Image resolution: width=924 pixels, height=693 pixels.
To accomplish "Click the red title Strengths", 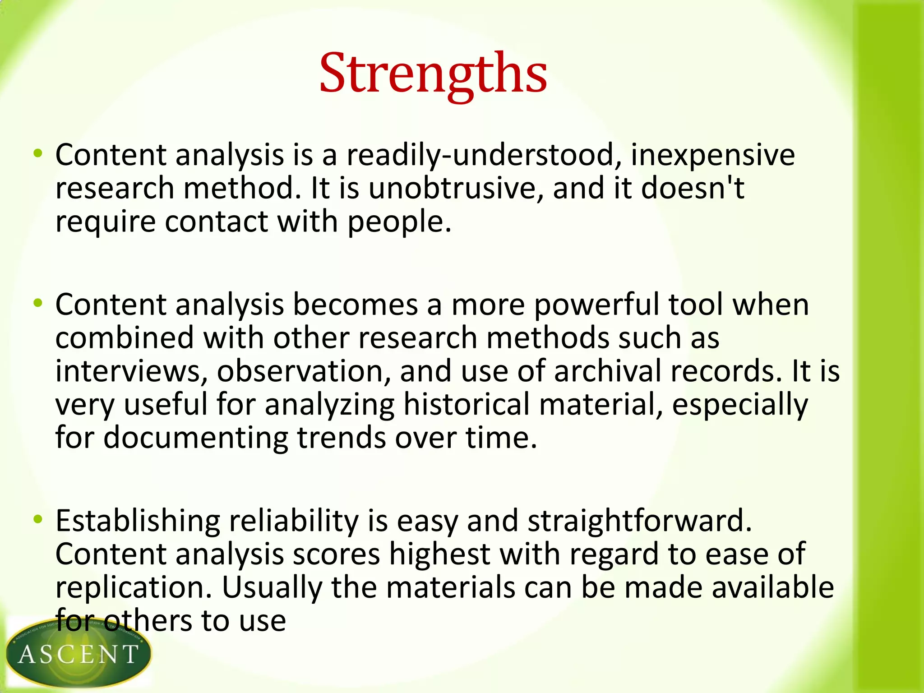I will tap(433, 74).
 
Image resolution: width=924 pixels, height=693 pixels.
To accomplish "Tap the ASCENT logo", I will tap(78, 653).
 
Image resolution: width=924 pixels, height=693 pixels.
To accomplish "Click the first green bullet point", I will tap(38, 153).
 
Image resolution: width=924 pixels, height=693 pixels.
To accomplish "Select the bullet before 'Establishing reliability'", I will tap(38, 519).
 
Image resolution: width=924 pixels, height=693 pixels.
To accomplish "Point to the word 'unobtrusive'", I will tap(456, 189).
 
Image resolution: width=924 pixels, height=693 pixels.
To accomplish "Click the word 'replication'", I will tap(134, 588).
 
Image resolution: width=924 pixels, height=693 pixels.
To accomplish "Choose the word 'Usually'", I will tap(272, 588).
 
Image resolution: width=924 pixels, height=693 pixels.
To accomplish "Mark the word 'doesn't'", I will tap(693, 189).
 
